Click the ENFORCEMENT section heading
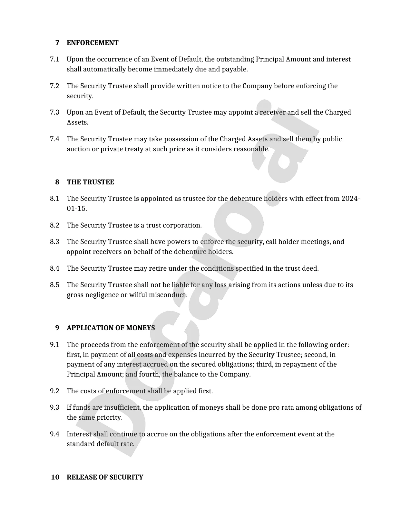click(x=93, y=43)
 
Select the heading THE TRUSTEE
click(x=90, y=182)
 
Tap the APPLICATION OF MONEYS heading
click(x=111, y=328)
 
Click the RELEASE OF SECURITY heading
click(x=105, y=477)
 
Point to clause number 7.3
click(x=54, y=112)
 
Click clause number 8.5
click(x=54, y=285)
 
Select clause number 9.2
click(x=54, y=391)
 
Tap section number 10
click(x=55, y=477)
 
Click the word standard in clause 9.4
click(x=80, y=444)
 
